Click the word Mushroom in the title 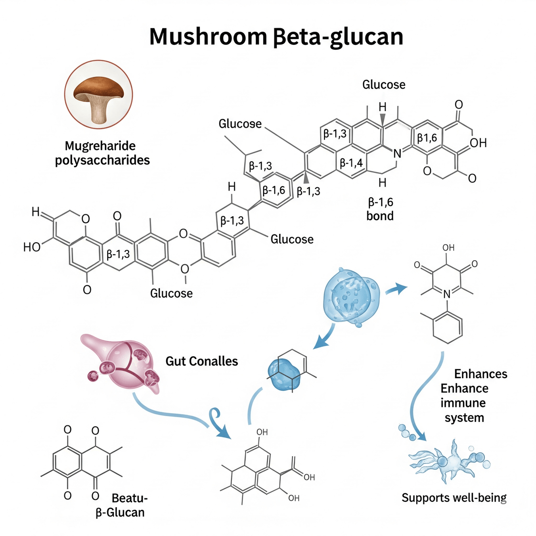pos(205,37)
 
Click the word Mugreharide pos(100,146)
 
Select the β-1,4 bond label pos(351,162)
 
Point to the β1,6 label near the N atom pos(427,138)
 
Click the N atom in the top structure pos(397,153)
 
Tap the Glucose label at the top pos(383,85)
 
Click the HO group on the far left pos(32,247)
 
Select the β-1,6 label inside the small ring pos(273,191)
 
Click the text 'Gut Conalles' pos(202,361)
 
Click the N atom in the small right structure pos(447,292)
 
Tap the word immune pos(463,403)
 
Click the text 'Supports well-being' pos(454,498)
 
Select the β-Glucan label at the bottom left pos(120,512)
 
